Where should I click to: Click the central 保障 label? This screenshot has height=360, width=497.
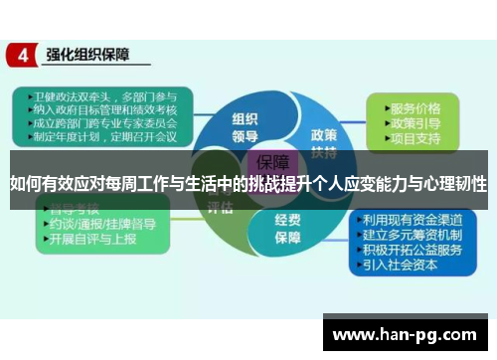point(272,163)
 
